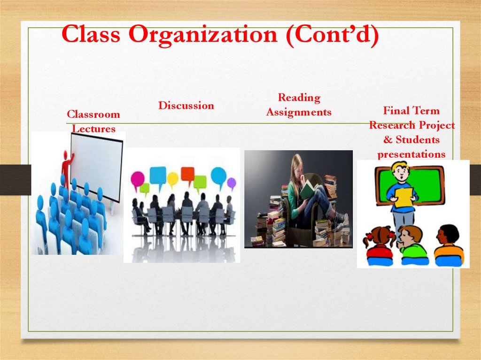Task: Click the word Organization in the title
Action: pyautogui.click(x=203, y=35)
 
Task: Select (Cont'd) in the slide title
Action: pyautogui.click(x=330, y=35)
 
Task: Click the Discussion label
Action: pyautogui.click(x=186, y=106)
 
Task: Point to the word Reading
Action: pyautogui.click(x=299, y=98)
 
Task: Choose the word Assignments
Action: pyautogui.click(x=299, y=112)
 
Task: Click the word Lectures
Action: pyautogui.click(x=93, y=129)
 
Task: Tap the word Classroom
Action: pyautogui.click(x=93, y=115)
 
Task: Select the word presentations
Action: pyautogui.click(x=411, y=154)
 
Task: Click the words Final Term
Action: pyautogui.click(x=411, y=111)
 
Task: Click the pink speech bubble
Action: pyautogui.click(x=138, y=178)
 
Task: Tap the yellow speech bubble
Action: pyautogui.click(x=173, y=178)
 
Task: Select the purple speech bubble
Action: pyautogui.click(x=231, y=182)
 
